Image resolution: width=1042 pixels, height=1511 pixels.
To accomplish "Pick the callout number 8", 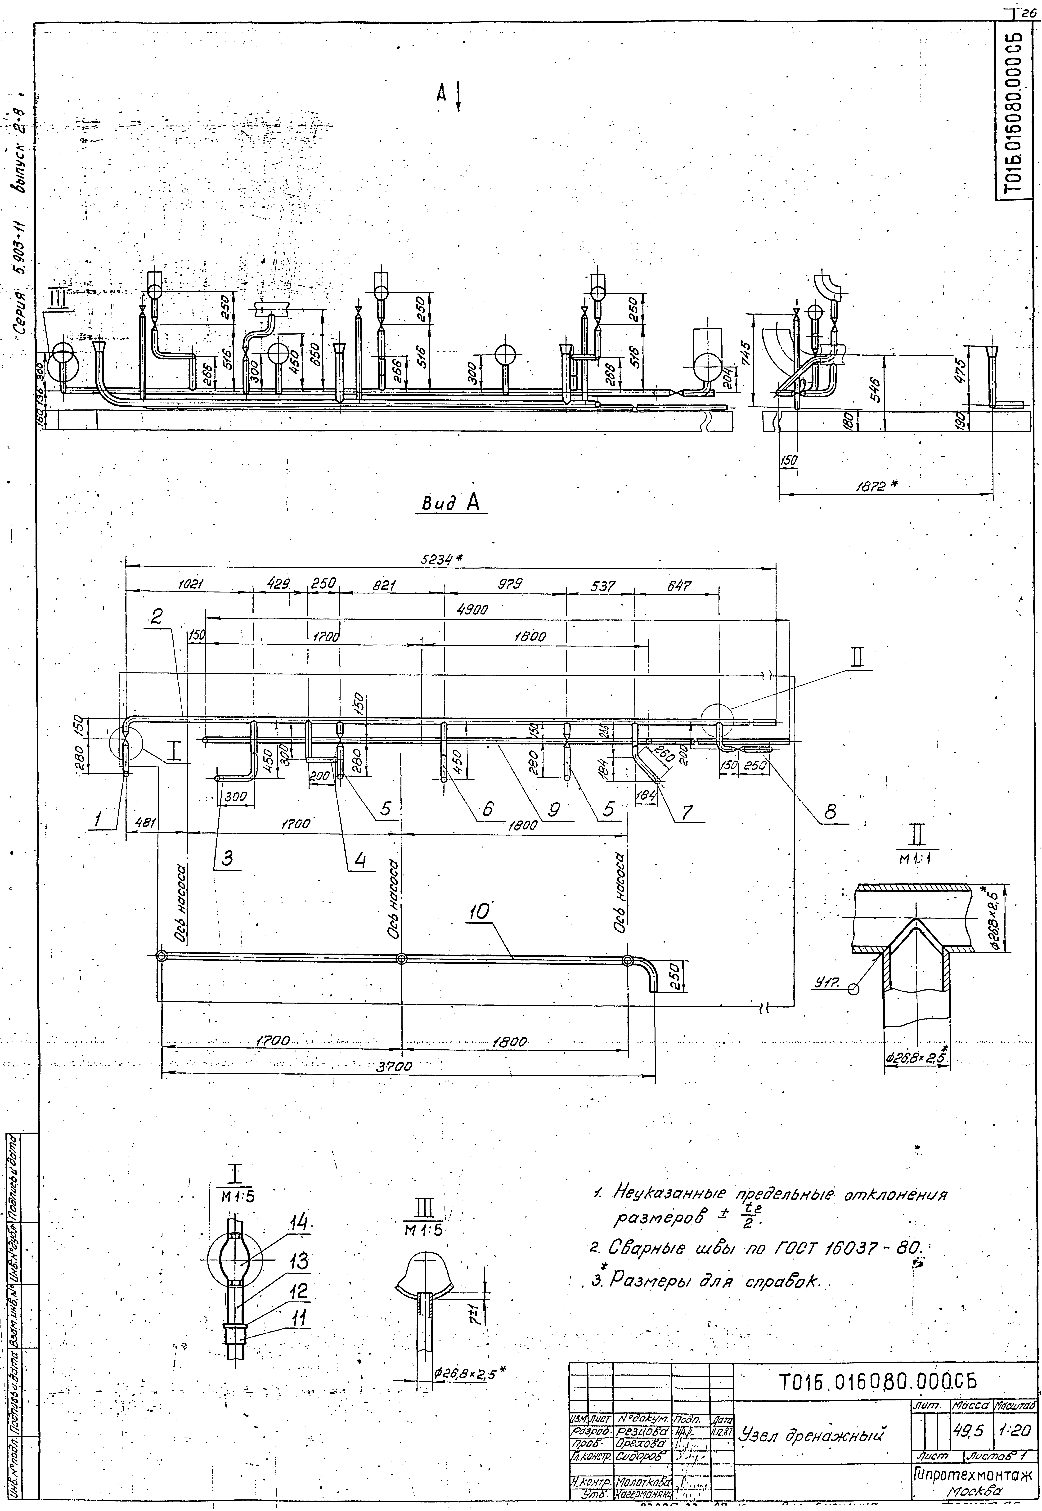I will [x=830, y=811].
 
